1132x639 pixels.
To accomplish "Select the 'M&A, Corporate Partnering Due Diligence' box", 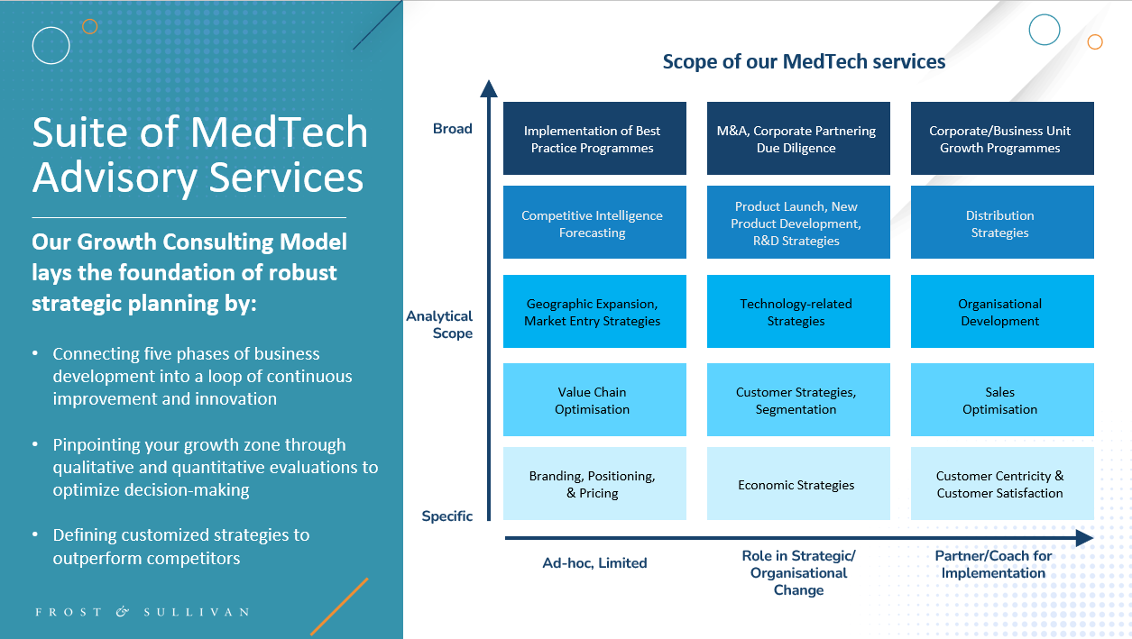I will click(796, 139).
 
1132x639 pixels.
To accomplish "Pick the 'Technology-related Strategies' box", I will click(796, 312).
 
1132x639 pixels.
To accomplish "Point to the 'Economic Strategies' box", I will click(796, 484).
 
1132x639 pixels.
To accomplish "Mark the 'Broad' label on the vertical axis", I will click(452, 129).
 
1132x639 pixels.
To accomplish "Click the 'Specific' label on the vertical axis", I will click(447, 516).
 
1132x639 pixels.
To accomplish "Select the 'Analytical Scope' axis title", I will click(439, 324).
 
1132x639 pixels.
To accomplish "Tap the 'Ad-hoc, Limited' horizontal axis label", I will click(594, 563).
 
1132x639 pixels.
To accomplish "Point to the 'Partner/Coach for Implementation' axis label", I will click(993, 564).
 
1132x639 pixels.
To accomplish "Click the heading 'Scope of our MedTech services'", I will click(804, 61).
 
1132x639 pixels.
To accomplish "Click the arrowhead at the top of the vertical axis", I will click(488, 87).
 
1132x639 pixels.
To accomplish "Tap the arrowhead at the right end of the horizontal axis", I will click(1084, 538).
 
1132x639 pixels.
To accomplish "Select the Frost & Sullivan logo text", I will click(142, 612).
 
